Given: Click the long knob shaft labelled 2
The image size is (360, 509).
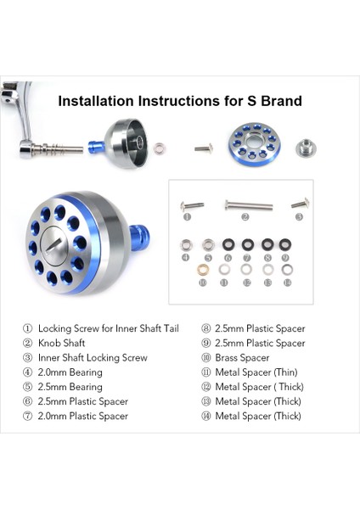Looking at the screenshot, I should pos(248,204).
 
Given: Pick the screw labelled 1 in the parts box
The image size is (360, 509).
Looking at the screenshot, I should pos(194,204).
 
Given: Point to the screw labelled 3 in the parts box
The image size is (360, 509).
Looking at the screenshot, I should pos(299,204).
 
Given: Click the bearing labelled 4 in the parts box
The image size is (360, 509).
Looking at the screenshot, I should pos(186,245).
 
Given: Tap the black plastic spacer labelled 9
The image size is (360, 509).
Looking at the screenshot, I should pos(286,245).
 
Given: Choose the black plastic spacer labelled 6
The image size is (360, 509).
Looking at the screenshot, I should pos(228,245).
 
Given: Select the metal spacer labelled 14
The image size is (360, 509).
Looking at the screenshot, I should pos(287,270).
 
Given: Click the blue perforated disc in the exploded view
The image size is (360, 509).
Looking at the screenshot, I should pos(252,143).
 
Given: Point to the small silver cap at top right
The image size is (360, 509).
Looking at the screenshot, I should pos(305,148).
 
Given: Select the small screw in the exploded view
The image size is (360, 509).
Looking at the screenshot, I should pos(203,148).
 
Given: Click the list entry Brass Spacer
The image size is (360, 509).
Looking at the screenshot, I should pos(242,358).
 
